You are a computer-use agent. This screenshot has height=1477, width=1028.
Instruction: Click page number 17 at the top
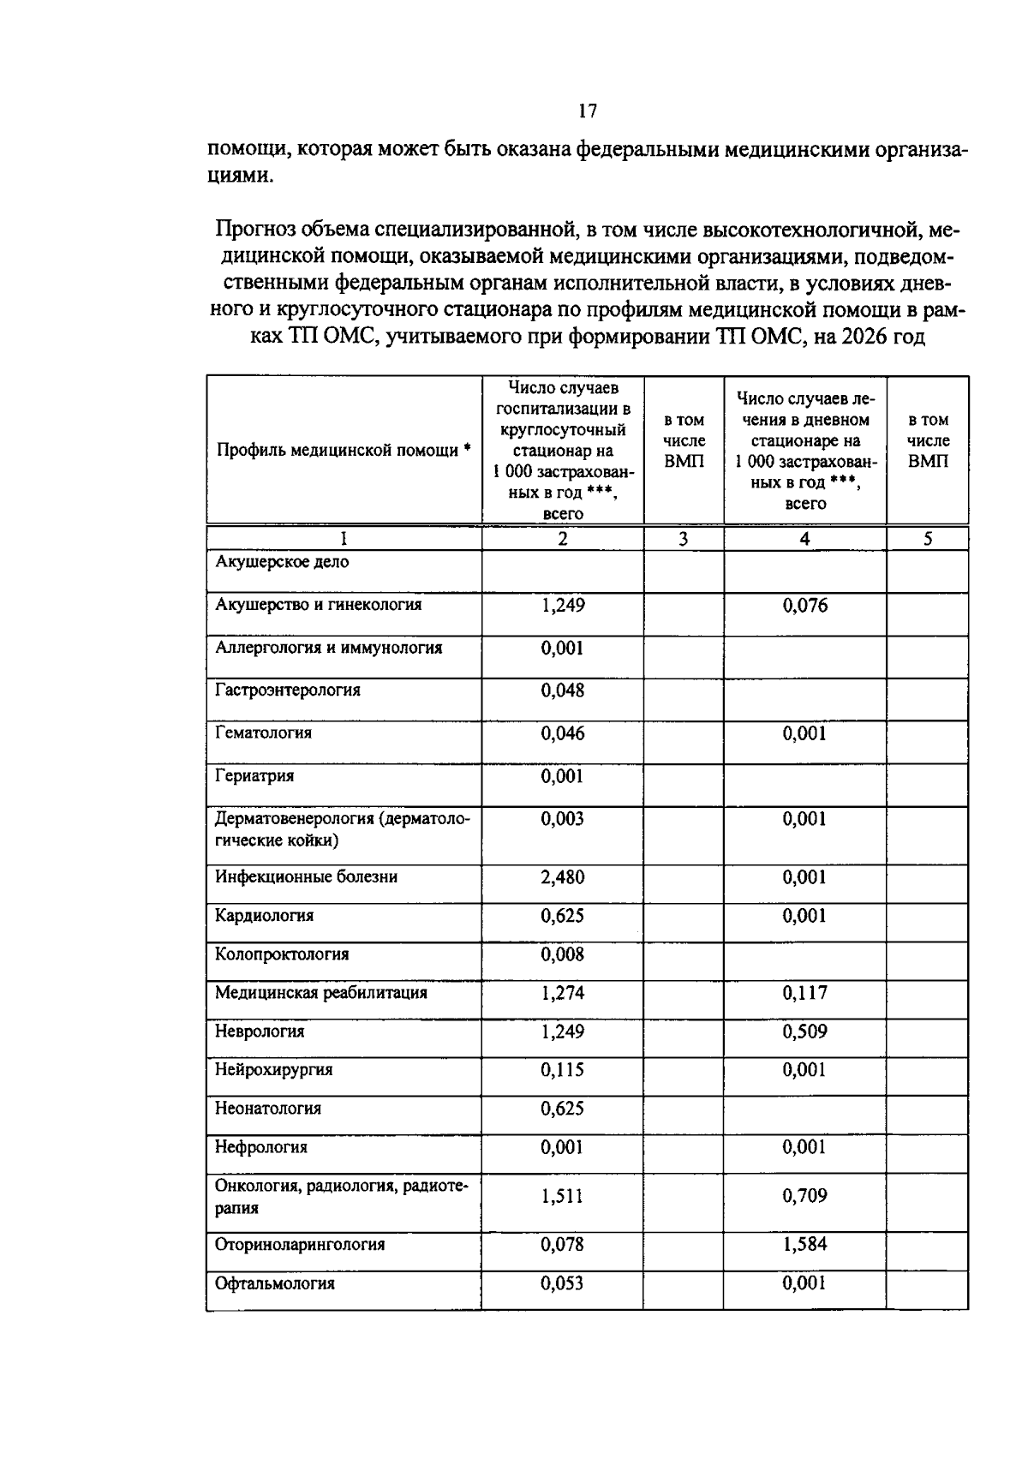click(x=587, y=111)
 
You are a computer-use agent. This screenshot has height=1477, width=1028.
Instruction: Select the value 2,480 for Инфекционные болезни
click(x=562, y=877)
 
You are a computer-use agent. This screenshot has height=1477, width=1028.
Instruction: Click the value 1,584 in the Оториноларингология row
click(x=804, y=1244)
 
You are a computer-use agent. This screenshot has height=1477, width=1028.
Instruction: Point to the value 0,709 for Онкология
click(x=804, y=1195)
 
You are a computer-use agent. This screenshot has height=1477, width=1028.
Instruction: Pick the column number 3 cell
click(x=683, y=538)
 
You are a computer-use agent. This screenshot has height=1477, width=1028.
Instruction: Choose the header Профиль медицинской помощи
click(x=344, y=450)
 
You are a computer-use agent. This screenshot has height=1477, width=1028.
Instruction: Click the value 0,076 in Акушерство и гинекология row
click(x=805, y=606)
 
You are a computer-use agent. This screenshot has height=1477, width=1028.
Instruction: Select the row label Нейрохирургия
click(x=273, y=1070)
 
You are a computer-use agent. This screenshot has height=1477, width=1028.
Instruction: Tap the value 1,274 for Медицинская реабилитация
click(x=562, y=993)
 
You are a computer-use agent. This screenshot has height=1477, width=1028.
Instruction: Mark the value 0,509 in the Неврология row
click(x=804, y=1032)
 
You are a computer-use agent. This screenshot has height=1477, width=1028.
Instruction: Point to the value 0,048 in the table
click(x=562, y=691)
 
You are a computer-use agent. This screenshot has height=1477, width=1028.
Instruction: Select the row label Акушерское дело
click(x=282, y=562)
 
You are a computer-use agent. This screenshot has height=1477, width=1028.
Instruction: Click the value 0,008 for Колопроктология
click(x=562, y=954)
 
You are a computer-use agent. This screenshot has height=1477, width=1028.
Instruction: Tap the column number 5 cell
click(x=928, y=538)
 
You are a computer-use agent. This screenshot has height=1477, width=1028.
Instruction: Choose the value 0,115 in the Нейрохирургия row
click(x=562, y=1070)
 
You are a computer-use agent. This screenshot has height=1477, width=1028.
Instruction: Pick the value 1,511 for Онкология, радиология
click(x=562, y=1195)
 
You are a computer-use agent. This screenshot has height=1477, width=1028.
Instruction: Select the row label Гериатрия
click(x=254, y=776)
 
